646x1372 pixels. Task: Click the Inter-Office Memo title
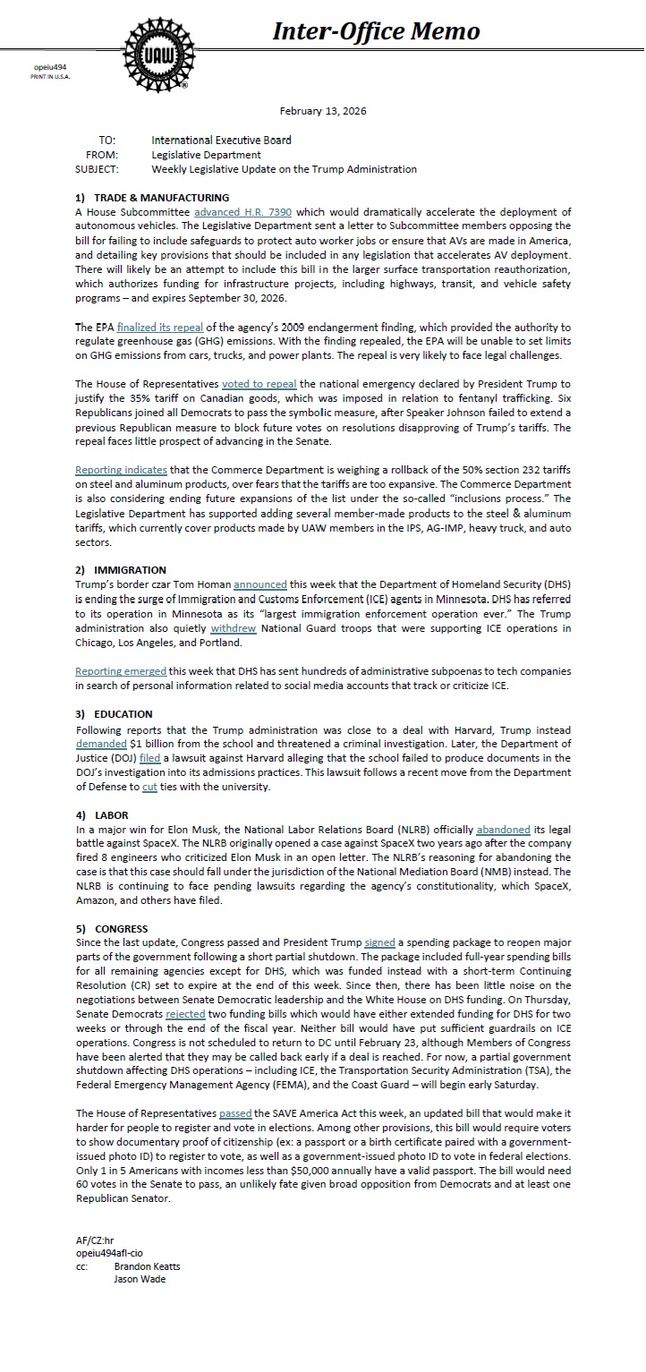click(376, 32)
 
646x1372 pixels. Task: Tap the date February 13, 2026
click(322, 111)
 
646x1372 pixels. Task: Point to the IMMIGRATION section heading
click(130, 570)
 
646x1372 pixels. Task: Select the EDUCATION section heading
click(123, 714)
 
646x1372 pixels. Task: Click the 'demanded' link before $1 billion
click(101, 744)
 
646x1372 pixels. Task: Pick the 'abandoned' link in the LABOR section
click(478, 830)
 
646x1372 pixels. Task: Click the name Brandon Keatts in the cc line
click(147, 1267)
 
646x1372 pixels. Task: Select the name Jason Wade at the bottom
click(140, 1279)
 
